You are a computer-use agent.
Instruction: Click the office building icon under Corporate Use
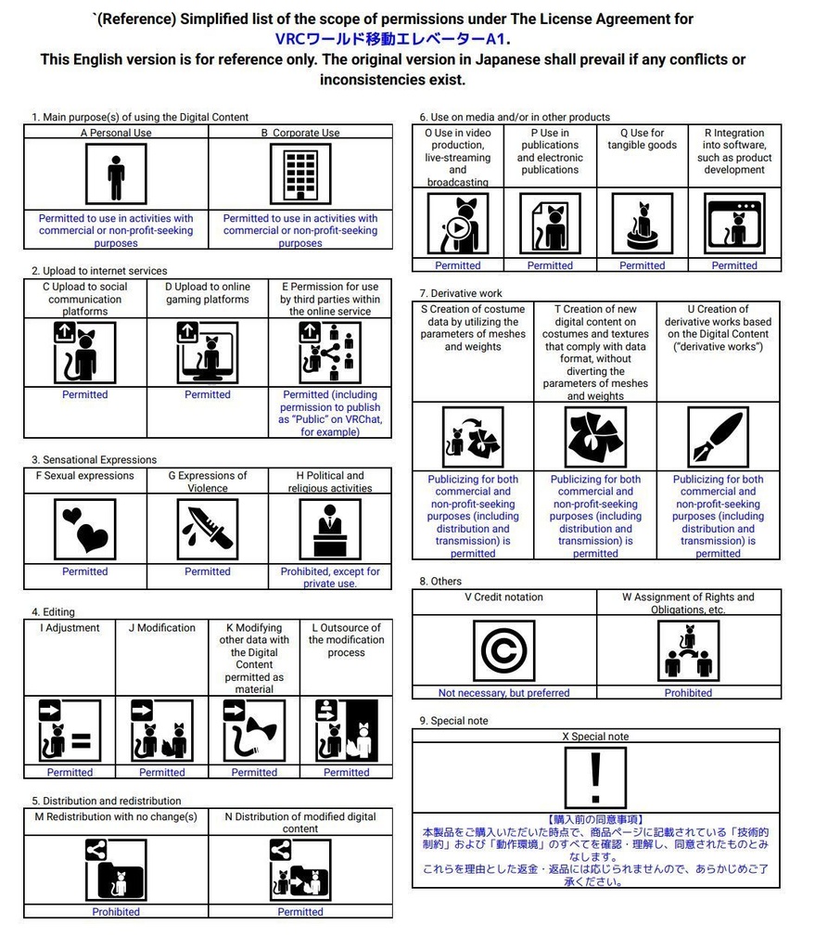[300, 173]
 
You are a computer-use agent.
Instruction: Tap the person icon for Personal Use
[116, 173]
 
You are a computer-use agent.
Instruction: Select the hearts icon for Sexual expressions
[84, 529]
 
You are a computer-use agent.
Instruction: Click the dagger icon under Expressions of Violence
[208, 529]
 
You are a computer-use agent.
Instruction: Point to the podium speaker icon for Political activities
[330, 529]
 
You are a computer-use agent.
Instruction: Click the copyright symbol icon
[503, 650]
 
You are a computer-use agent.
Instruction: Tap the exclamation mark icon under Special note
[595, 777]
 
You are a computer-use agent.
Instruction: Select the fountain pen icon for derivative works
[718, 437]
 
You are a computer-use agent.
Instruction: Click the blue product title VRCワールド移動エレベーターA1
[391, 39]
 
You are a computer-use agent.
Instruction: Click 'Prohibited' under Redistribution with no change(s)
[116, 912]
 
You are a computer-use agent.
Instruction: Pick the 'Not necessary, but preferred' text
[503, 692]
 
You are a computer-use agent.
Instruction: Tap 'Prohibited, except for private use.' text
[330, 577]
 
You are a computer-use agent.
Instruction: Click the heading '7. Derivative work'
[460, 293]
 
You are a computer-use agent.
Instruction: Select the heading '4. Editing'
[53, 611]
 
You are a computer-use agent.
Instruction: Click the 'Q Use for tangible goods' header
[642, 139]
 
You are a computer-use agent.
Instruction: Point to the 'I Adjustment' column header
[70, 628]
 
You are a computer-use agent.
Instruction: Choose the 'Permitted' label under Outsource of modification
[347, 772]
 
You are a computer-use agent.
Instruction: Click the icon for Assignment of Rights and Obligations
[688, 650]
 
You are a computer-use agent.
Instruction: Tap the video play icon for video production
[458, 224]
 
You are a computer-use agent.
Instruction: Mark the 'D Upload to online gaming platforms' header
[208, 293]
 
